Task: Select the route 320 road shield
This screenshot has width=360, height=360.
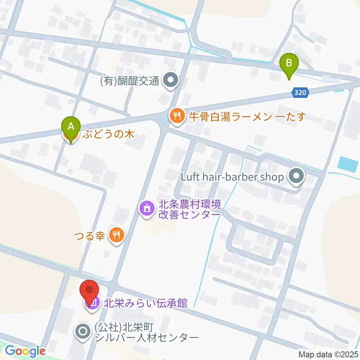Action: (301, 93)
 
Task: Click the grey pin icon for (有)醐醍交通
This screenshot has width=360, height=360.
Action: (171, 80)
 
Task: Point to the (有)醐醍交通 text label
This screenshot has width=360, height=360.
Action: (130, 81)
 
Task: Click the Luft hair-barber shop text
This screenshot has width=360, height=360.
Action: (232, 176)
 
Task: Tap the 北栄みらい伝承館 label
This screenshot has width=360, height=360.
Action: (145, 302)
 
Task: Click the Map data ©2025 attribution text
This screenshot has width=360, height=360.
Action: (329, 354)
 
